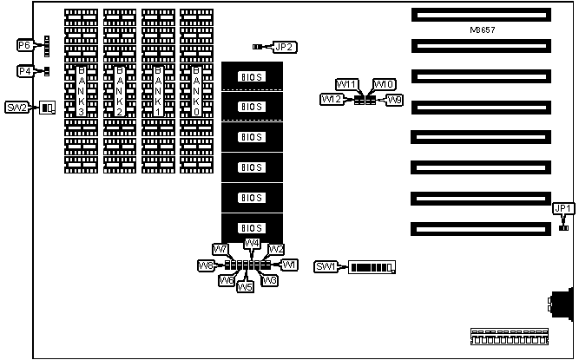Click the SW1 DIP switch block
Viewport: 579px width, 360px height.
(x=372, y=266)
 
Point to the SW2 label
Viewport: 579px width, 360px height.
(x=18, y=108)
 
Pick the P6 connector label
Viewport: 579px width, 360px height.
(x=24, y=44)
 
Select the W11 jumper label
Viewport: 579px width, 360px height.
(x=346, y=84)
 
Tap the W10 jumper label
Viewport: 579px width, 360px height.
(x=384, y=84)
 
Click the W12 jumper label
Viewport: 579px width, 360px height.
(x=331, y=101)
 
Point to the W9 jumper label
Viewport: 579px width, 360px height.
(x=395, y=101)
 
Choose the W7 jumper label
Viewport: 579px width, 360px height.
(x=220, y=250)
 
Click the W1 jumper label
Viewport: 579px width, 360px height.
(x=289, y=264)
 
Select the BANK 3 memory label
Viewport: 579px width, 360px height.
(x=82, y=90)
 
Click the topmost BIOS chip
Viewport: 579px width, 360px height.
(x=252, y=76)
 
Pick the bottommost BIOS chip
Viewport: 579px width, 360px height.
(x=252, y=228)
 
